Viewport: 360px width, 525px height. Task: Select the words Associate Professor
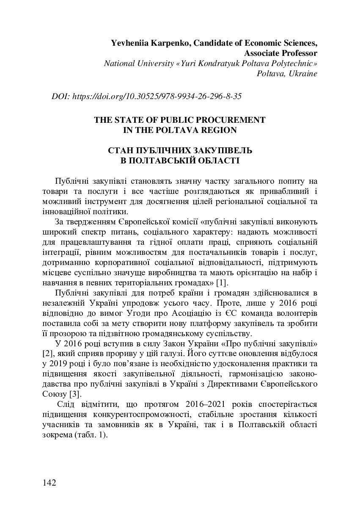click(x=280, y=53)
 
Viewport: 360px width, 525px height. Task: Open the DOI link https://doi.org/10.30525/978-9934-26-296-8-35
click(x=157, y=96)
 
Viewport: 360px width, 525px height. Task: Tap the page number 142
click(x=49, y=483)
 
